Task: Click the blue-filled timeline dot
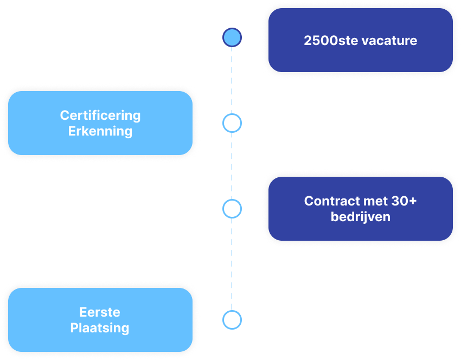click(232, 37)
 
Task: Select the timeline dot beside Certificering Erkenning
click(232, 124)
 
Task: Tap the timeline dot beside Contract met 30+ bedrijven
click(232, 209)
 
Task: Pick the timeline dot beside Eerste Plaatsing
click(232, 319)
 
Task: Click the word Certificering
click(100, 115)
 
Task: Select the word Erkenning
click(100, 131)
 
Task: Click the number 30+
click(404, 201)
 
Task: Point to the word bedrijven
click(361, 217)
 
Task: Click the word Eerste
click(100, 312)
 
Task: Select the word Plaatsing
click(100, 328)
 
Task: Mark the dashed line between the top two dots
click(232, 80)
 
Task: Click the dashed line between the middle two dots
click(232, 166)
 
